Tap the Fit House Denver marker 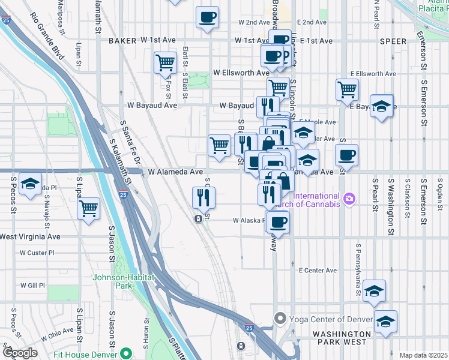125,353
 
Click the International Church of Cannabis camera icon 349,197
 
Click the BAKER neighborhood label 123,41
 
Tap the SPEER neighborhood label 394,41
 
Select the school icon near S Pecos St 29,184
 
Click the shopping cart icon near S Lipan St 89,209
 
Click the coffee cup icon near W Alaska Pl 277,223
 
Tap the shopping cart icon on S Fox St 165,62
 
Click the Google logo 20,352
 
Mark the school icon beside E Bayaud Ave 381,106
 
